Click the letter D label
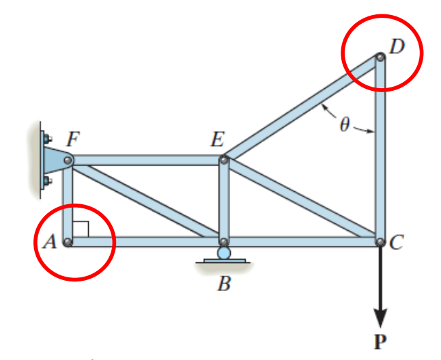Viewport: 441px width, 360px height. coord(397,46)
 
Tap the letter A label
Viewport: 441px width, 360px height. coord(50,242)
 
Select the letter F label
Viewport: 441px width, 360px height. coord(73,139)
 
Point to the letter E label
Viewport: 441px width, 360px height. coord(218,139)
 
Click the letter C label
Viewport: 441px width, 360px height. coord(397,242)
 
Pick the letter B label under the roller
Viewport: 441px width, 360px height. coord(224,283)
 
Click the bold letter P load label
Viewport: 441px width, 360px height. coord(380,341)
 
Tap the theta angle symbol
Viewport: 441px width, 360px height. coord(345,124)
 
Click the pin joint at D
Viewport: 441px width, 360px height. coord(380,57)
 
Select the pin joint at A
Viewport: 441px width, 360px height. coord(68,242)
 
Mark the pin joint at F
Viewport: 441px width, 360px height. coord(68,161)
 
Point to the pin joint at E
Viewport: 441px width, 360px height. coord(224,160)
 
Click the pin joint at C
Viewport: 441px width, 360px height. coord(380,242)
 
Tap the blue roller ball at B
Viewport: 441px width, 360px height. coord(224,253)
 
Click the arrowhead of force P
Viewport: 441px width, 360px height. coord(380,318)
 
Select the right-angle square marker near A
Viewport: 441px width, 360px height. coord(81,230)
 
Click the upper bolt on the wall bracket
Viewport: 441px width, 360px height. coord(47,139)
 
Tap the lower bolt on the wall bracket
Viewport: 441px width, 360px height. coord(47,180)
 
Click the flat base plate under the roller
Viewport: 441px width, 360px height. coord(225,261)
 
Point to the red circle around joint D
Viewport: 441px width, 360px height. coord(382,15)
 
